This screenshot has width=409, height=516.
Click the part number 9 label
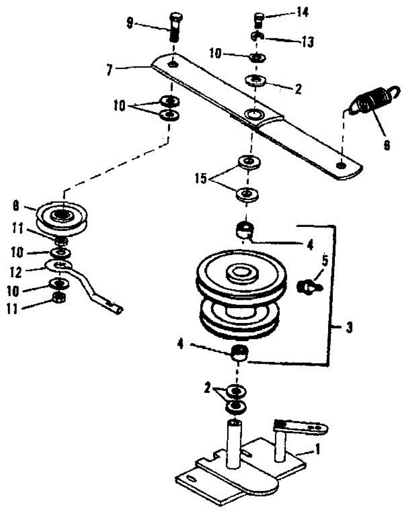130,24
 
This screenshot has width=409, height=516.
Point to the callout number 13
308,42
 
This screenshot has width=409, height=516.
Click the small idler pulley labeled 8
62,218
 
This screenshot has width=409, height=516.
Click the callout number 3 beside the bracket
349,328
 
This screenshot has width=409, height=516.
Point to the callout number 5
325,261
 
